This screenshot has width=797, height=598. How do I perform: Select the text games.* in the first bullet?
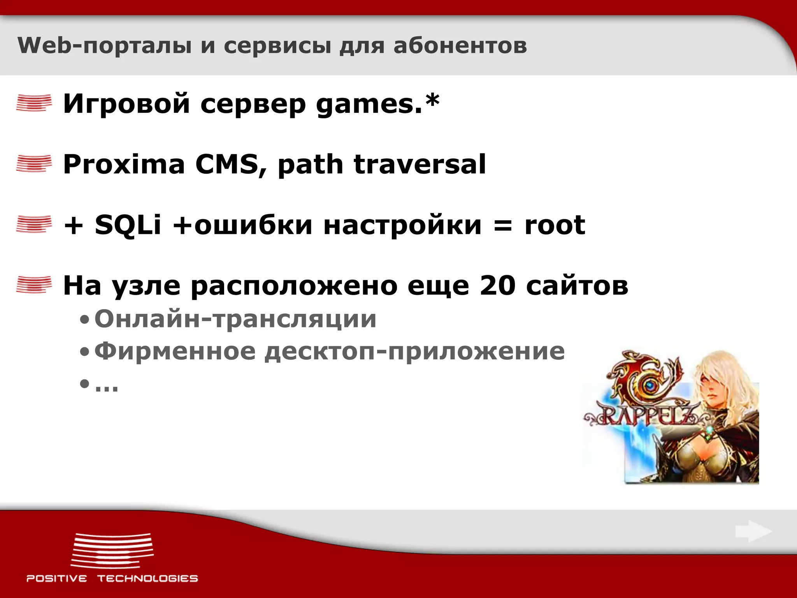pyautogui.click(x=377, y=104)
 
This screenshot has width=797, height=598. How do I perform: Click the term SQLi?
pyautogui.click(x=128, y=225)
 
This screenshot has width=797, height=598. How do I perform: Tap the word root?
pyautogui.click(x=555, y=225)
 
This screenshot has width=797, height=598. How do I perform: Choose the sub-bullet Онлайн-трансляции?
pyautogui.click(x=235, y=319)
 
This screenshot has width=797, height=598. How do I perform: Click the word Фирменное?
pyautogui.click(x=175, y=351)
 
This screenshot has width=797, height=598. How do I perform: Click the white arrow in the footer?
pyautogui.click(x=753, y=531)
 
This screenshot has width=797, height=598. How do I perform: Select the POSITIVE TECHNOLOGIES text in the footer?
pyautogui.click(x=112, y=578)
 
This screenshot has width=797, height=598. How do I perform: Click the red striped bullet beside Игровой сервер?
pyautogui.click(x=34, y=103)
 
